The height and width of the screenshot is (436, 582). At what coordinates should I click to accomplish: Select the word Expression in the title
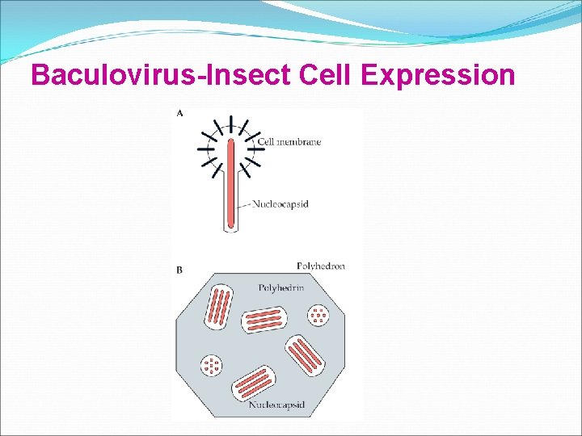pyautogui.click(x=440, y=75)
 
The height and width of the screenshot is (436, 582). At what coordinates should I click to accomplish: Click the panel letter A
pyautogui.click(x=179, y=114)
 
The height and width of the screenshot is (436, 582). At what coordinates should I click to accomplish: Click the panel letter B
pyautogui.click(x=179, y=270)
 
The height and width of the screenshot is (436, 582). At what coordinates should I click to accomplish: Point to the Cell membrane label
pyautogui.click(x=290, y=142)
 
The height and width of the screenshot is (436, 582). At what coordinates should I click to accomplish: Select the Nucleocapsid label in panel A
pyautogui.click(x=280, y=204)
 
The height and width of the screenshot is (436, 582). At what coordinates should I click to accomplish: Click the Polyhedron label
pyautogui.click(x=321, y=266)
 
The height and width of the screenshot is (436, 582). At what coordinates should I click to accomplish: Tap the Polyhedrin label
pyautogui.click(x=280, y=287)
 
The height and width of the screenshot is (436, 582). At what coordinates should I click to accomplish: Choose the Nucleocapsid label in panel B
pyautogui.click(x=276, y=405)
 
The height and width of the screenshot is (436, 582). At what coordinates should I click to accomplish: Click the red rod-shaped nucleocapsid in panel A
pyautogui.click(x=231, y=182)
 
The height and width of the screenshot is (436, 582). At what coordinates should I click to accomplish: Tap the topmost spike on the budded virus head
pyautogui.click(x=231, y=123)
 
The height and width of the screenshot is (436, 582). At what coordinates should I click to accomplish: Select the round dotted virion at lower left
pyautogui.click(x=213, y=366)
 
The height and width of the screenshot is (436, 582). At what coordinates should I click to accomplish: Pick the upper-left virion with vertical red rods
pyautogui.click(x=219, y=307)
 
